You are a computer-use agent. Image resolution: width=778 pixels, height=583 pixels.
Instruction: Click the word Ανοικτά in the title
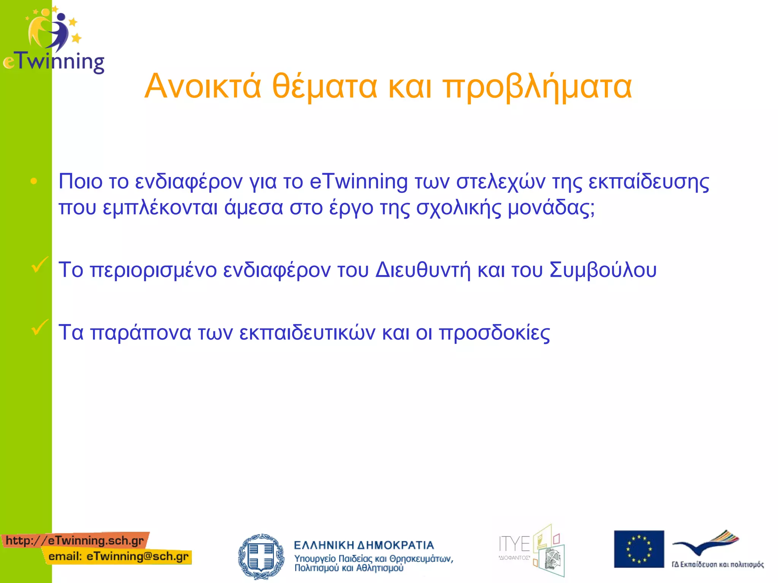click(x=203, y=87)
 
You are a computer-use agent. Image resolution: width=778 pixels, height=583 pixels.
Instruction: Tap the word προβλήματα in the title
click(x=538, y=87)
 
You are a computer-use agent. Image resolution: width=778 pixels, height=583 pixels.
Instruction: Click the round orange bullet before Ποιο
click(x=34, y=181)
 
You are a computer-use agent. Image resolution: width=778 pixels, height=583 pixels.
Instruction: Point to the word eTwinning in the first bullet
click(x=358, y=181)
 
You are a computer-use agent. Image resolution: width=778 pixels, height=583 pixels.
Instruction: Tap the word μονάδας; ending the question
click(x=551, y=208)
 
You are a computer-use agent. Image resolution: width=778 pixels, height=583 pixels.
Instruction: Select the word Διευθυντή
click(x=423, y=270)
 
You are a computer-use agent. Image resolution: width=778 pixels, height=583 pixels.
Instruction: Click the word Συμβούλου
click(x=603, y=270)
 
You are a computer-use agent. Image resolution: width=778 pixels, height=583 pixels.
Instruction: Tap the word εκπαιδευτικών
click(x=307, y=332)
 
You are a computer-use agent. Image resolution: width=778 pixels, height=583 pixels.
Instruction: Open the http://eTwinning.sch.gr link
click(x=75, y=540)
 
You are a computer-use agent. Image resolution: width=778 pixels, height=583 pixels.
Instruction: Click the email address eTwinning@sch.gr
click(x=137, y=556)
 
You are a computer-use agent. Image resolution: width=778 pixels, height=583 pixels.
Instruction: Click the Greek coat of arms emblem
click(x=261, y=556)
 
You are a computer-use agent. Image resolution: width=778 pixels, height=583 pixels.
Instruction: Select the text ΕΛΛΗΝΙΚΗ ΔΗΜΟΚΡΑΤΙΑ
click(x=364, y=545)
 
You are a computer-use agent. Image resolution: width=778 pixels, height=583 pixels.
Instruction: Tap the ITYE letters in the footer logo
click(x=514, y=544)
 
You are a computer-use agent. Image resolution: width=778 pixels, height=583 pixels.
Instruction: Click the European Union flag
click(x=639, y=549)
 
